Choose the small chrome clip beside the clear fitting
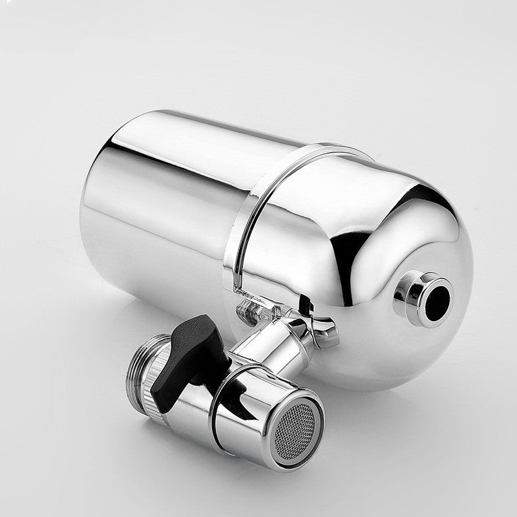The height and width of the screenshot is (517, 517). pos(323,330)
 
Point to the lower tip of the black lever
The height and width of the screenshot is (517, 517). pos(162,404)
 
